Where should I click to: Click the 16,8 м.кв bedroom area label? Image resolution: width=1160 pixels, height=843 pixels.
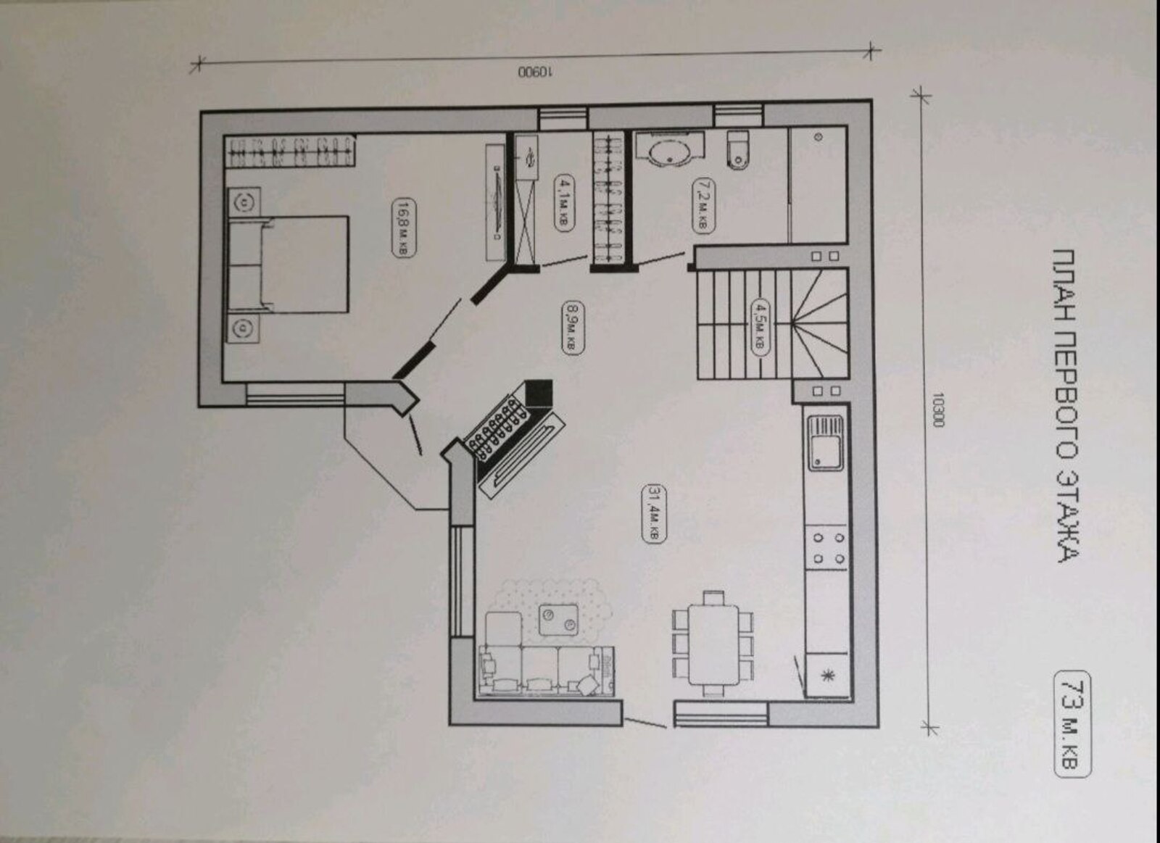(x=405, y=227)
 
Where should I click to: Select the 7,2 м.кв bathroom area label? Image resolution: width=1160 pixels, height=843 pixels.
(x=703, y=204)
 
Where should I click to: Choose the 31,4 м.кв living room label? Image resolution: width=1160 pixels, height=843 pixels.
(x=653, y=514)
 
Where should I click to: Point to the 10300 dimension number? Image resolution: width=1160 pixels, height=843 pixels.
(x=937, y=409)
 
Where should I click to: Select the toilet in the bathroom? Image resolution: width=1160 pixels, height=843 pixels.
(x=739, y=149)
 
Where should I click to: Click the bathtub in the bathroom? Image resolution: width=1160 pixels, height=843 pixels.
(x=670, y=149)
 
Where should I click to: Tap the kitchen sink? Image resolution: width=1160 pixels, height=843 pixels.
(x=826, y=443)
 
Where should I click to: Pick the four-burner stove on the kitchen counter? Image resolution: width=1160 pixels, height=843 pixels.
(x=827, y=548)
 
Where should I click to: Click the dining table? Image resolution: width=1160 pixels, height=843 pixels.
(x=713, y=644)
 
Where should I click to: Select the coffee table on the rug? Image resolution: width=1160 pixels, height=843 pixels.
(x=558, y=620)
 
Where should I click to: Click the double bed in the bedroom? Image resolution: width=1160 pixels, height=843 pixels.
(x=288, y=265)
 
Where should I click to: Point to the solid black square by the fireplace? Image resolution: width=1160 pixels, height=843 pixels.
(x=539, y=394)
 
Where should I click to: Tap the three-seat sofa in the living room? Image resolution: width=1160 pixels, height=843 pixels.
(x=547, y=670)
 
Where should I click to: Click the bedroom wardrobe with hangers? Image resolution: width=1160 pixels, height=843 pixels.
(x=290, y=151)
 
